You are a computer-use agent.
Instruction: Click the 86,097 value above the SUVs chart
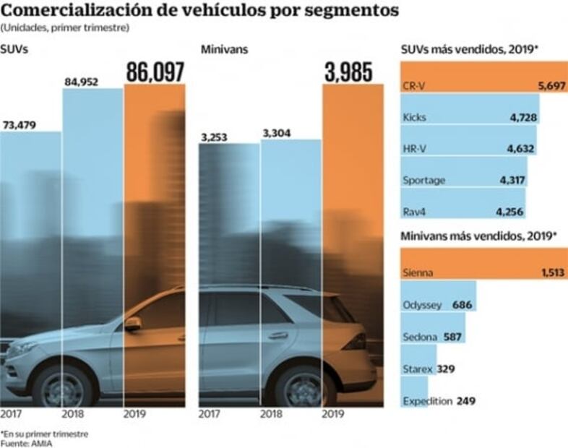[x=155, y=72]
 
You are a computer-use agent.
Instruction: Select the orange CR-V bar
[x=483, y=85]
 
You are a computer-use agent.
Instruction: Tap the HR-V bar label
[x=414, y=149]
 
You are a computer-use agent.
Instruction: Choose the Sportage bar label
[x=423, y=180]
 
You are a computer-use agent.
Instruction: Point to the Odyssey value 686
[x=462, y=305]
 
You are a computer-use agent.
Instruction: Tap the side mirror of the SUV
[x=133, y=324]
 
